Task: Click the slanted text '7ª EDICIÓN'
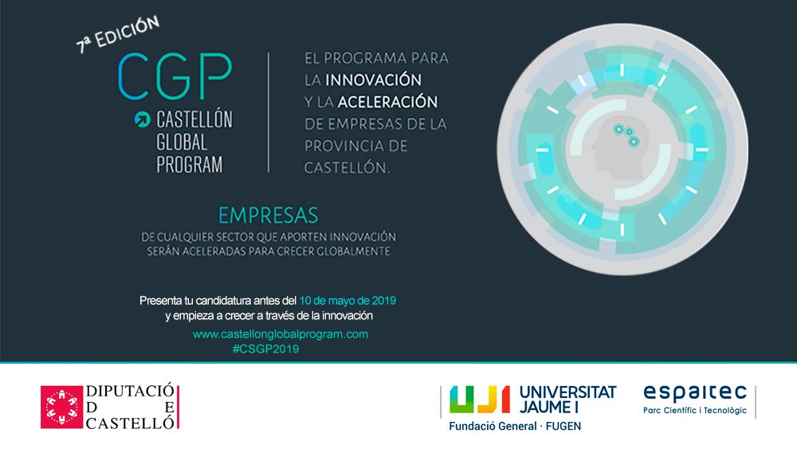click(118, 34)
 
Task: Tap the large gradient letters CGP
click(175, 77)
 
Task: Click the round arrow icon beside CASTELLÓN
click(143, 119)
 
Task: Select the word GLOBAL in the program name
click(182, 142)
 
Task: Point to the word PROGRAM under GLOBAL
click(190, 164)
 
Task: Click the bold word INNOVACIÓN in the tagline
click(374, 80)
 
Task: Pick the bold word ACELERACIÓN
click(387, 102)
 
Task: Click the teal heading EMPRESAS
click(269, 215)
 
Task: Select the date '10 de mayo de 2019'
click(347, 301)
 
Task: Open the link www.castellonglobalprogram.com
click(280, 334)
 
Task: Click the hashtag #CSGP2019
click(265, 349)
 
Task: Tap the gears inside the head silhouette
click(628, 135)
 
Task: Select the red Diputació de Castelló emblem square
click(61, 407)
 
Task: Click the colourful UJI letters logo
click(480, 400)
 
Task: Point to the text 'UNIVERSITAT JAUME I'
click(567, 400)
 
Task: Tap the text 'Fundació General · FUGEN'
click(515, 426)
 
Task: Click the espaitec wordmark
click(695, 393)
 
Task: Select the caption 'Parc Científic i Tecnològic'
click(695, 411)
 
